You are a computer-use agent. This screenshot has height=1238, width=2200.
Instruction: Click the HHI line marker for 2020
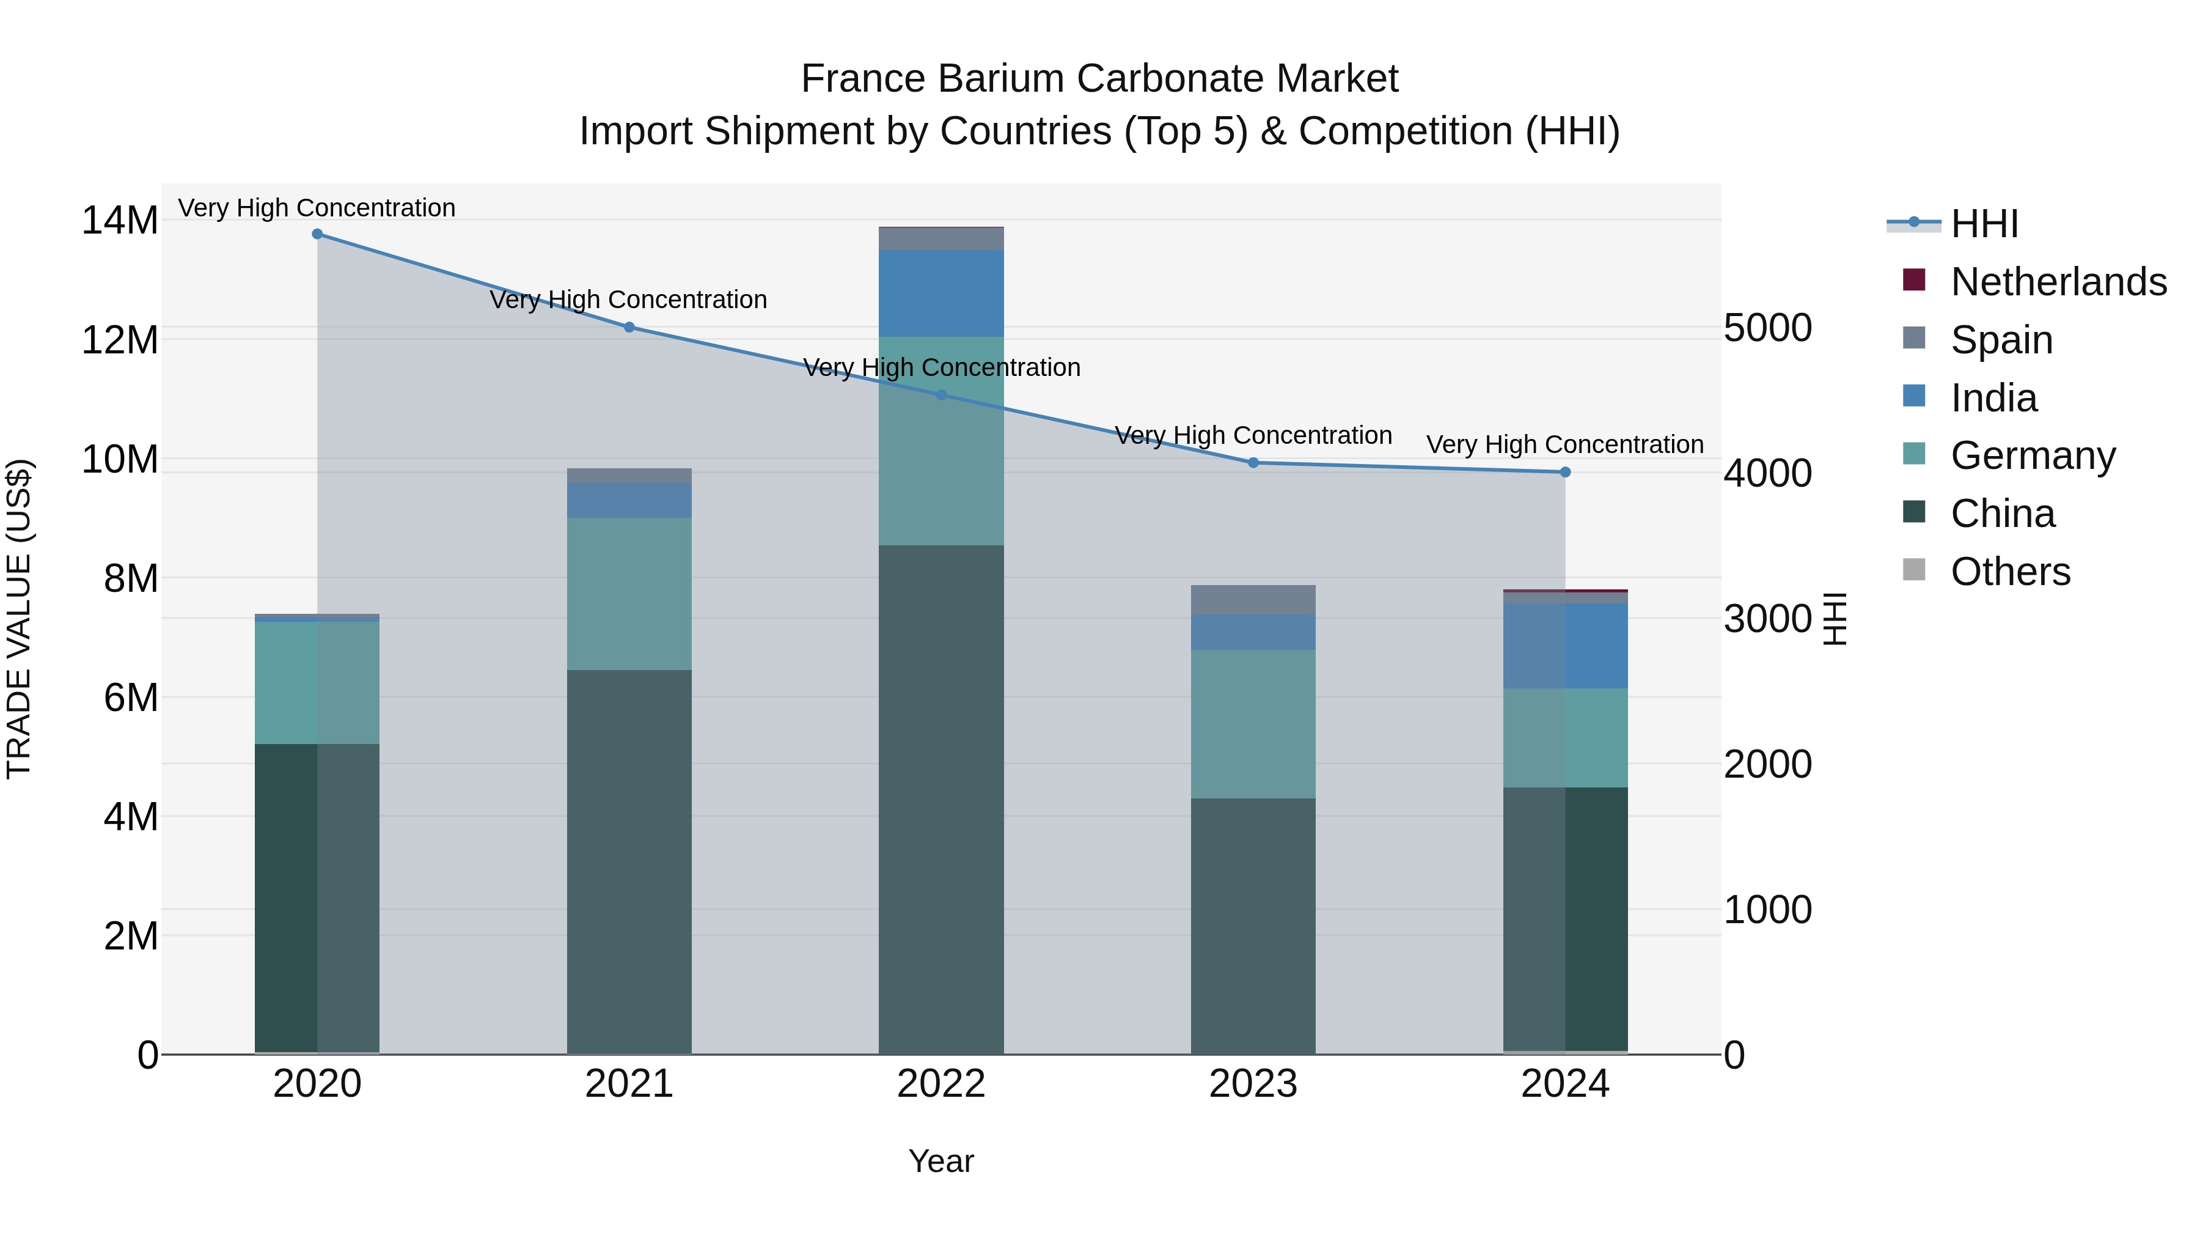317,234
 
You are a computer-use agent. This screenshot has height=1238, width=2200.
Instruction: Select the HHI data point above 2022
941,395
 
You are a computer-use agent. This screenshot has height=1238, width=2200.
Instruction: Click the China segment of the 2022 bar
941,799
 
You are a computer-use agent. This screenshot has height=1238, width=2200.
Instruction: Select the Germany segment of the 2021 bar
629,594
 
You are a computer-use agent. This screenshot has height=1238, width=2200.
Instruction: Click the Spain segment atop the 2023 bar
1253,600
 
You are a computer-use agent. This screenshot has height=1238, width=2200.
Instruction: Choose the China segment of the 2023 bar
1253,926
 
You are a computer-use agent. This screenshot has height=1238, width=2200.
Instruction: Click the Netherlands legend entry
2058,282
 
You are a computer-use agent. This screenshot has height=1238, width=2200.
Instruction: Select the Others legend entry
2011,572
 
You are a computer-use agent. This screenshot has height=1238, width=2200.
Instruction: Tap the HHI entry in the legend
1984,224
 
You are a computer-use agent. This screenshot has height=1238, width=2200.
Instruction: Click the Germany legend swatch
1915,454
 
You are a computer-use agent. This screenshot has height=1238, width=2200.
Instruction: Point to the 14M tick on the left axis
120,221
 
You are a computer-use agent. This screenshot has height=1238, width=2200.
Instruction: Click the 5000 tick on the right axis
1767,328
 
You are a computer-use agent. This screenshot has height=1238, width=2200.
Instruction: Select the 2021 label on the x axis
629,1084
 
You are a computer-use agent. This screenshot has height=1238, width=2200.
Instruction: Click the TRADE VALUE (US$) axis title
19,619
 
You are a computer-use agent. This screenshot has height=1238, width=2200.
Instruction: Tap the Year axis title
941,1161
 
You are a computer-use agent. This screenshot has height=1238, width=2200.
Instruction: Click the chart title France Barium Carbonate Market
1099,79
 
